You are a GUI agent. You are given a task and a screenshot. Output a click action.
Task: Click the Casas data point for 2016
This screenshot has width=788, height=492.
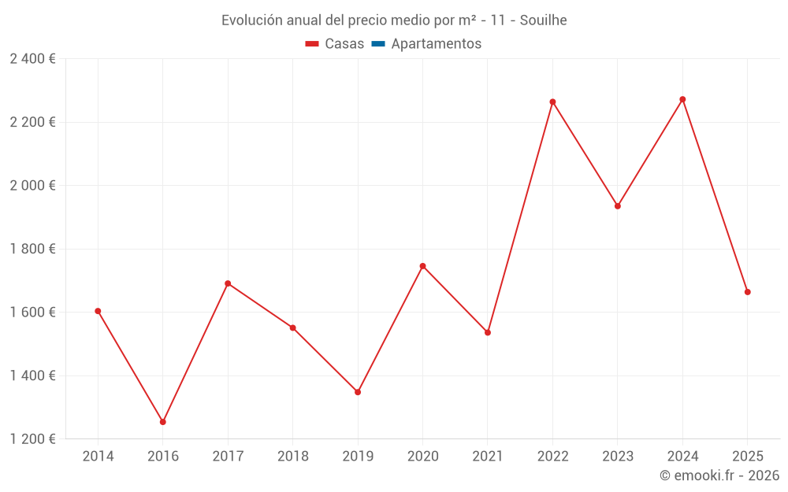pos(163,422)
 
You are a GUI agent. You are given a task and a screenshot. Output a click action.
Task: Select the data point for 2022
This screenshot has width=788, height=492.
pos(552,102)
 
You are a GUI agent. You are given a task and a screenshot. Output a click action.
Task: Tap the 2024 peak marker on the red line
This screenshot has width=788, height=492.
pos(682,99)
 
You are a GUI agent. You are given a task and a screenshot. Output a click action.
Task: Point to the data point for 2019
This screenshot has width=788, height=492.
pos(358,392)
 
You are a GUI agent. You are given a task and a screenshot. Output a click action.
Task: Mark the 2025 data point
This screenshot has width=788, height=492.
pos(747,292)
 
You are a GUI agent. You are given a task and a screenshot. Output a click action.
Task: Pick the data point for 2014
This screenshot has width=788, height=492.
pos(98,311)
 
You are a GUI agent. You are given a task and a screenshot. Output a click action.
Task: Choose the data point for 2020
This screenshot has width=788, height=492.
pos(422,266)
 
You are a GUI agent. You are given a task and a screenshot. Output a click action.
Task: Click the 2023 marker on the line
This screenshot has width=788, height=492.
pos(618,206)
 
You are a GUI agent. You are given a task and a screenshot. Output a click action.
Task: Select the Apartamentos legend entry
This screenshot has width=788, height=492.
pos(436,44)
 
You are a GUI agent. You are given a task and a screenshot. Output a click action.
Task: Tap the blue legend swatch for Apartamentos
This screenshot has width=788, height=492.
pos(378,44)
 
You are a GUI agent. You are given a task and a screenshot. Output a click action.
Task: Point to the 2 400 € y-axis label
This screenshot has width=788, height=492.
pos(32,59)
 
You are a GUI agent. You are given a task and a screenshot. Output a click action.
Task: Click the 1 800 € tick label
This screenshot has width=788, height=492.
pos(32,249)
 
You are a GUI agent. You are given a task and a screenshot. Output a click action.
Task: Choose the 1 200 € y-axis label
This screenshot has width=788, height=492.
pos(32,438)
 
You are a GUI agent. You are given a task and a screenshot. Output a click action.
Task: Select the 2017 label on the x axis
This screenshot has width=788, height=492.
pos(228,457)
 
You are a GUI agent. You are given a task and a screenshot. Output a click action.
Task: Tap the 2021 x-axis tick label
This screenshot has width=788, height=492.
pos(488,457)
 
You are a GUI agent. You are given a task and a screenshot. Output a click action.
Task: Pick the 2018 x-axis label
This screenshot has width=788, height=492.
pos(293,457)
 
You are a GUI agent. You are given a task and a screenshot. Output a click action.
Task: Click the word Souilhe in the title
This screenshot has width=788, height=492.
pos(543,20)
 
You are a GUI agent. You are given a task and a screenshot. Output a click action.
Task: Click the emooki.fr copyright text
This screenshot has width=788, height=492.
pos(719,475)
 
